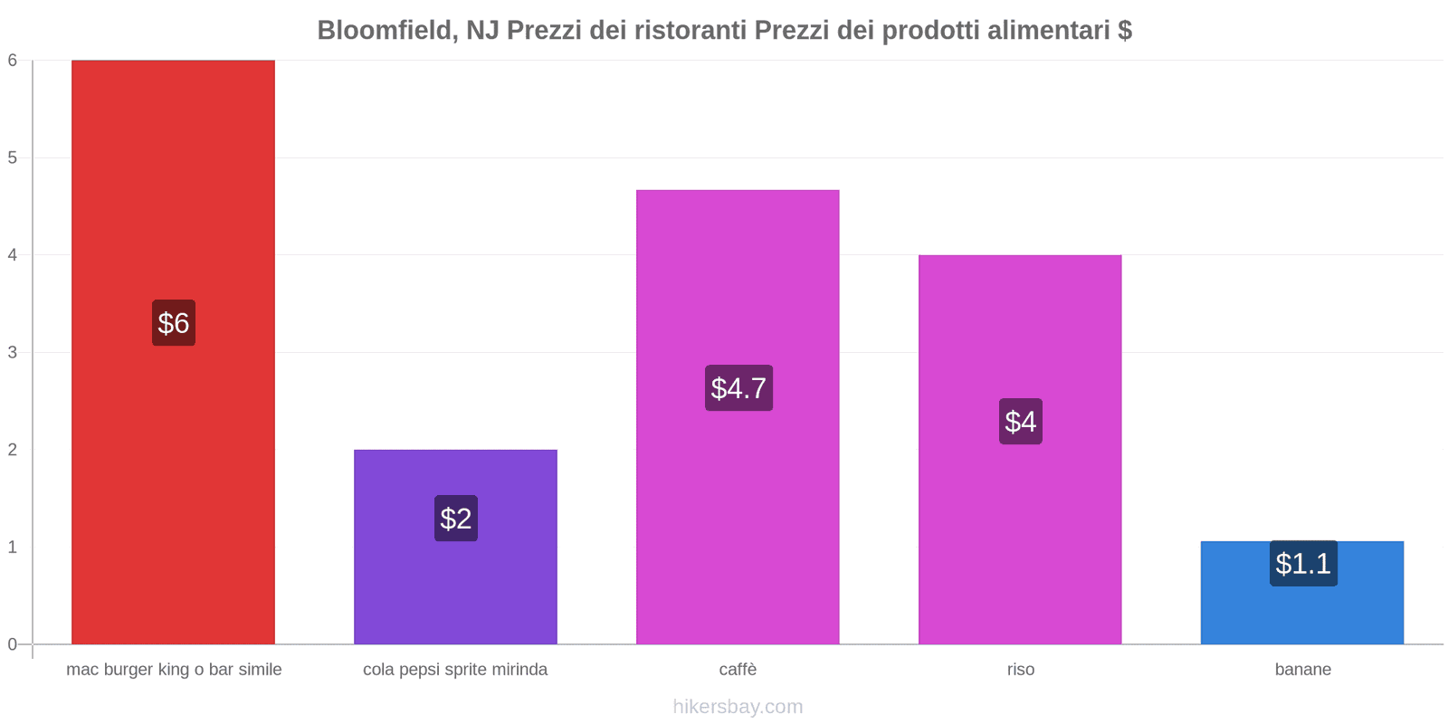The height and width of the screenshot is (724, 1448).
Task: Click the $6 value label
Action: tap(174, 323)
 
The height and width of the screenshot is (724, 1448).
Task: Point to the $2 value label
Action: tap(456, 519)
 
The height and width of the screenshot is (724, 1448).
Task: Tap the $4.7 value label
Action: tap(738, 388)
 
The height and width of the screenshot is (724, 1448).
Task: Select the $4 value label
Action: tap(1021, 422)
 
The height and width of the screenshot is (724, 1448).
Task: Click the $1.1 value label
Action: tap(1303, 564)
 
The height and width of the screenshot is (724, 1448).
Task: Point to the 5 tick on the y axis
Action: tap(13, 158)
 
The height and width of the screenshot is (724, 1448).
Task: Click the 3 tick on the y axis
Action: tap(13, 353)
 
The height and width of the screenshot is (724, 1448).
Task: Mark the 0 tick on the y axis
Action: tap(13, 644)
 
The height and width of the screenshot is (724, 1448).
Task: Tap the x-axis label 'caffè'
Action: tap(738, 670)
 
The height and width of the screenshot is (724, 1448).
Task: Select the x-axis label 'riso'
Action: tap(1021, 670)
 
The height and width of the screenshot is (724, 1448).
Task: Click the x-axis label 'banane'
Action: tap(1303, 670)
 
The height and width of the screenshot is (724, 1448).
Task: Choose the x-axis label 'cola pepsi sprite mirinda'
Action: tap(455, 670)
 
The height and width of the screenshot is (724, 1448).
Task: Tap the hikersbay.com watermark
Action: tap(738, 707)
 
